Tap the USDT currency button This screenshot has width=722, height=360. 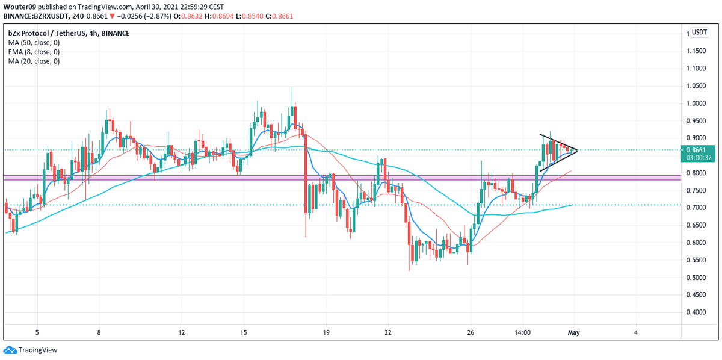pyautogui.click(x=699, y=33)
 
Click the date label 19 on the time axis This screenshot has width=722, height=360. pyautogui.click(x=326, y=332)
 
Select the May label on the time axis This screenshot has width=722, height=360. pyautogui.click(x=573, y=332)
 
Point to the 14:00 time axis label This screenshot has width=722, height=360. pyautogui.click(x=522, y=332)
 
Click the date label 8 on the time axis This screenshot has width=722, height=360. pyautogui.click(x=99, y=332)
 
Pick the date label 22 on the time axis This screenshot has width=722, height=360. pyautogui.click(x=388, y=332)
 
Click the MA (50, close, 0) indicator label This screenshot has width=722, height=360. pyautogui.click(x=34, y=42)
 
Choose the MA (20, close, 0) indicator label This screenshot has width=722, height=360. pyautogui.click(x=34, y=61)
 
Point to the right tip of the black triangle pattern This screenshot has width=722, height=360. pyautogui.click(x=577, y=149)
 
